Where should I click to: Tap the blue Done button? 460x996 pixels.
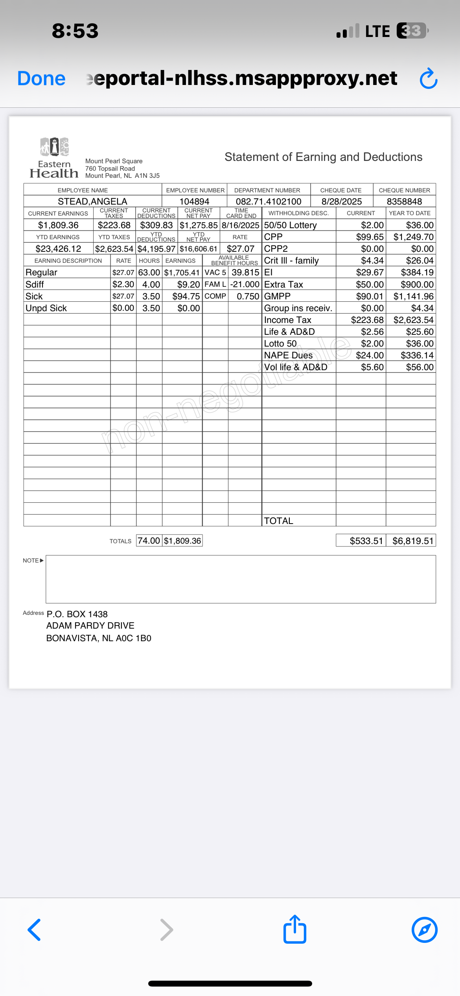41,78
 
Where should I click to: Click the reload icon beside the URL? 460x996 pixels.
428,79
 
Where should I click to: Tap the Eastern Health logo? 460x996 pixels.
54,158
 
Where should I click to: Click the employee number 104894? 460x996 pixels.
194,201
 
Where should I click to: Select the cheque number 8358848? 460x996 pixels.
404,201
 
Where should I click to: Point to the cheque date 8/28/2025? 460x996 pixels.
341,201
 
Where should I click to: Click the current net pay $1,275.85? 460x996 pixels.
199,225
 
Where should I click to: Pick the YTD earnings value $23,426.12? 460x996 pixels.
58,249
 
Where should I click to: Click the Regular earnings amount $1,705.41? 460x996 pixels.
182,273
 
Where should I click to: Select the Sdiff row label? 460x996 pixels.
35,284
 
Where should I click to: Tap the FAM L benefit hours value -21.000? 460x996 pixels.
245,284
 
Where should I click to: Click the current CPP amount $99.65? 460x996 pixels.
370,237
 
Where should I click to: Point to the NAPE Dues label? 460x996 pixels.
288,355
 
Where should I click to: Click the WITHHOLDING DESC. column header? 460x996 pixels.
298,213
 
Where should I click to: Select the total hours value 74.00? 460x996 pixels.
149,541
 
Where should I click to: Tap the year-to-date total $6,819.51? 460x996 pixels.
412,541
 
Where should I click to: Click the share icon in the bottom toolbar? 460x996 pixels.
294,930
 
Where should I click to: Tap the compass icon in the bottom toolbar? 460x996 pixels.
424,930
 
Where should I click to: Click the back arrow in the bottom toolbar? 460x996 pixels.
35,930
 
